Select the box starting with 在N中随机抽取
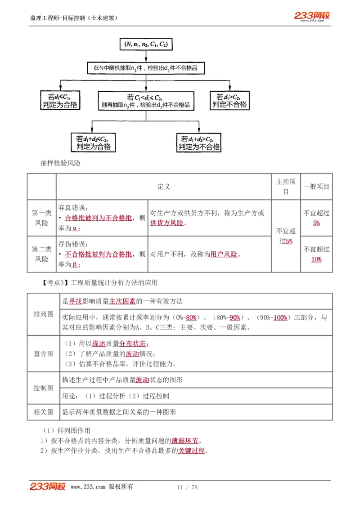pyautogui.click(x=146, y=68)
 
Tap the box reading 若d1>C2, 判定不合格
pyautogui.click(x=229, y=100)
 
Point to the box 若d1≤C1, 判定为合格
pyautogui.click(x=59, y=100)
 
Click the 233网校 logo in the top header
pyautogui.click(x=312, y=16)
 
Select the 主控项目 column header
pyautogui.click(x=286, y=187)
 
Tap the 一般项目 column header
pyautogui.click(x=316, y=187)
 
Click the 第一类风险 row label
pyautogui.click(x=41, y=218)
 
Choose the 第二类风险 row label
pyautogui.click(x=41, y=254)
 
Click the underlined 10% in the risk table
pyautogui.click(x=316, y=259)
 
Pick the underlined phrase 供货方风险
pyautogui.click(x=166, y=223)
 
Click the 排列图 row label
pyautogui.click(x=44, y=314)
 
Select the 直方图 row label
pyautogui.click(x=44, y=353)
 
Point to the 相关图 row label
pyautogui.click(x=44, y=412)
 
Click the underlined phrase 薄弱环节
pyautogui.click(x=184, y=441)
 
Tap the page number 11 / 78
pyautogui.click(x=187, y=487)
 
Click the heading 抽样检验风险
pyautogui.click(x=60, y=164)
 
